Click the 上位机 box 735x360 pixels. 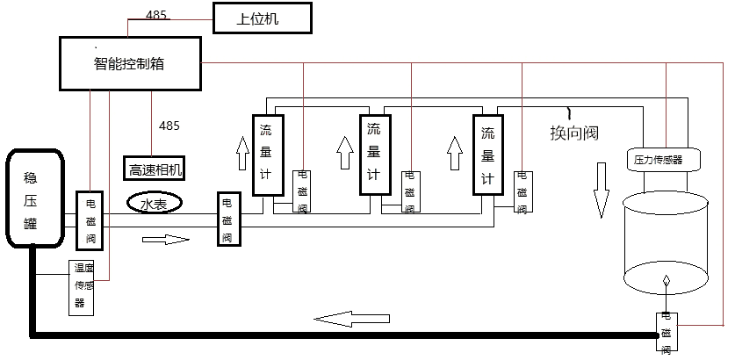[262, 18]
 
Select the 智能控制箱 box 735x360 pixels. [130, 63]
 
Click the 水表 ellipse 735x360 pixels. [155, 204]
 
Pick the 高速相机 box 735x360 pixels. [156, 169]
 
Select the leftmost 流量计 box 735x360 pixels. [266, 155]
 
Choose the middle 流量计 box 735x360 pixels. [373, 155]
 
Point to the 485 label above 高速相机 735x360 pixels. [169, 126]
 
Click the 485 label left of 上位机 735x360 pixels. [156, 14]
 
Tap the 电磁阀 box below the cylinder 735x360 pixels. [667, 332]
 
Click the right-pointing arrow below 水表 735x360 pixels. [166, 238]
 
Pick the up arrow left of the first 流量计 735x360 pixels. [241, 155]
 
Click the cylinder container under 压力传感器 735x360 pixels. [665, 246]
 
